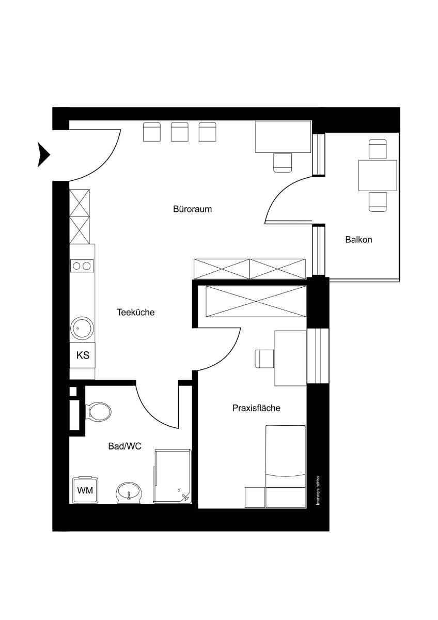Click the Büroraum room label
(192, 209)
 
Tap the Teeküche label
(135, 313)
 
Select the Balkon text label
(358, 239)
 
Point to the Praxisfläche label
(256, 408)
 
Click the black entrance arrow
(43, 154)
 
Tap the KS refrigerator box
(83, 355)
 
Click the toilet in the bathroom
(98, 411)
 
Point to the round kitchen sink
(82, 328)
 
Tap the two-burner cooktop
(82, 266)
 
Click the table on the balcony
(378, 176)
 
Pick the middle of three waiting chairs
(180, 132)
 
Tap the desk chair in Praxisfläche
(264, 359)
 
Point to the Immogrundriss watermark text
(318, 490)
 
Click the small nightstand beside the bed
(255, 498)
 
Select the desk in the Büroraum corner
(284, 137)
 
